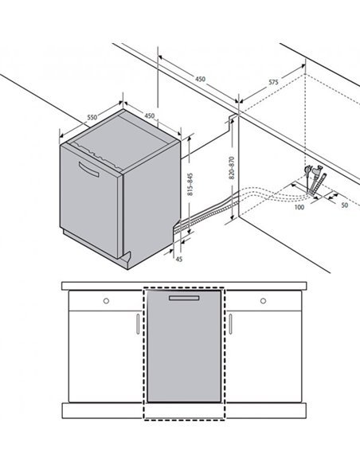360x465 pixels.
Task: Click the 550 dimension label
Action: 92,117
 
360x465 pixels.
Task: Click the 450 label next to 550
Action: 150,115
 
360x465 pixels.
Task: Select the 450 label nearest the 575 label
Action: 200,79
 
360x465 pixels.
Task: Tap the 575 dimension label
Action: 273,82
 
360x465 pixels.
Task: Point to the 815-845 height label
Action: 190,184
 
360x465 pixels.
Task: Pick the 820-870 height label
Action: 232,167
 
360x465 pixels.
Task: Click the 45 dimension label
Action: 179,259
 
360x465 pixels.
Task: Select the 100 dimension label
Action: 299,207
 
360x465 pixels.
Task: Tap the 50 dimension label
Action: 344,205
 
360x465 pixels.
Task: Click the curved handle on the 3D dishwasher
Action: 88,170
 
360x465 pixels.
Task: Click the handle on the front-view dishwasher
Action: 184,298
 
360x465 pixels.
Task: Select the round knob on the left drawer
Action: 106,301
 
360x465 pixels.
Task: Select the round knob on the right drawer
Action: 263,301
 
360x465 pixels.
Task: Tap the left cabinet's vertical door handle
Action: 138,324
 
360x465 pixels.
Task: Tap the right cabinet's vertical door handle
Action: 231,324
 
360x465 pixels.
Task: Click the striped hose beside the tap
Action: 319,185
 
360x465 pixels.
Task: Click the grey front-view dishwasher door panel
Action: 184,346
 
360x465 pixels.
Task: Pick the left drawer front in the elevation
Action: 106,301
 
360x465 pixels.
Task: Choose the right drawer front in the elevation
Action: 264,301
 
